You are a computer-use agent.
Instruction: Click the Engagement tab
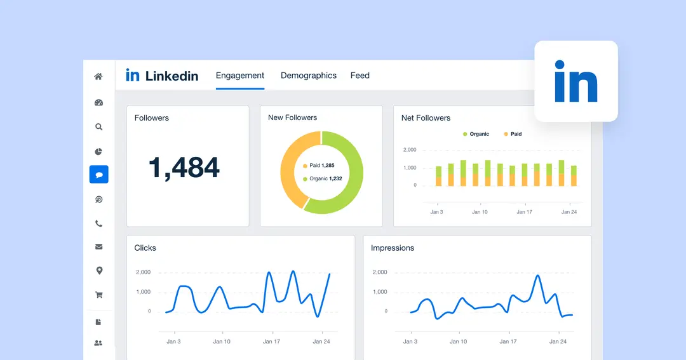(239, 76)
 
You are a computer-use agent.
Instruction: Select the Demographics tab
(309, 76)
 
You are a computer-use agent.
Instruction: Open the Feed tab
(360, 76)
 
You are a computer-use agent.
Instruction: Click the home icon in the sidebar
(98, 77)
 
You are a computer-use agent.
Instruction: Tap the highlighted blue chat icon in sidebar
(98, 175)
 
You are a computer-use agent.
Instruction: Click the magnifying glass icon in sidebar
(98, 127)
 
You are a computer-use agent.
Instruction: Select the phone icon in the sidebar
(98, 223)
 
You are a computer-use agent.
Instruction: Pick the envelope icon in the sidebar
(98, 247)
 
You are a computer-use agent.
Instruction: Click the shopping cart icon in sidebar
(98, 295)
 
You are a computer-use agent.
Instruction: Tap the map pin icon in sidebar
(98, 271)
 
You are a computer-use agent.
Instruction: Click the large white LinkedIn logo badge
(575, 81)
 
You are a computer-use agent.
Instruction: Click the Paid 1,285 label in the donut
(321, 165)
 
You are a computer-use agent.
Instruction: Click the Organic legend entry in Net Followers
(476, 135)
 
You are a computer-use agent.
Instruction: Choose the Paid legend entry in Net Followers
(513, 135)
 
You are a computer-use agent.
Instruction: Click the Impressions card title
(392, 248)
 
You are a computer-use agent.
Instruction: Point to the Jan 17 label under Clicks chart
(271, 342)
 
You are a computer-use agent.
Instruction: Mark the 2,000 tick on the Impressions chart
(379, 272)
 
